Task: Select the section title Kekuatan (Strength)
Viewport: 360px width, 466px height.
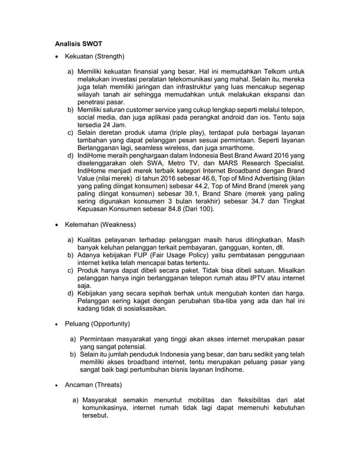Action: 94,56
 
